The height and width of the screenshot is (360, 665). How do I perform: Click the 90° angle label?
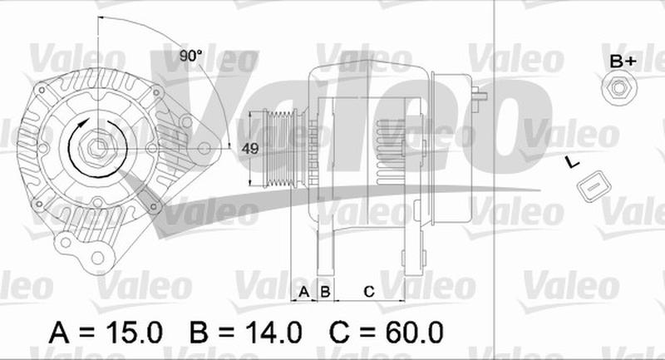[190, 56]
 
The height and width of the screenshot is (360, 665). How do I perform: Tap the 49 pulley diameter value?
[250, 149]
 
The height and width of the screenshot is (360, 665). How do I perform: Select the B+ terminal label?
[623, 62]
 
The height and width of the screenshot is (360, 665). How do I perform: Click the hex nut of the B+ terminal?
[619, 88]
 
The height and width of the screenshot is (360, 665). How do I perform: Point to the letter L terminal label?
[573, 162]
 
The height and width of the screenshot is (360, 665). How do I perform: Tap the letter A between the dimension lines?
[303, 292]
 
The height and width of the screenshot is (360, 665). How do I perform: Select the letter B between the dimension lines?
[325, 292]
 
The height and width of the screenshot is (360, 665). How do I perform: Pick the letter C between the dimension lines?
[369, 292]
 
